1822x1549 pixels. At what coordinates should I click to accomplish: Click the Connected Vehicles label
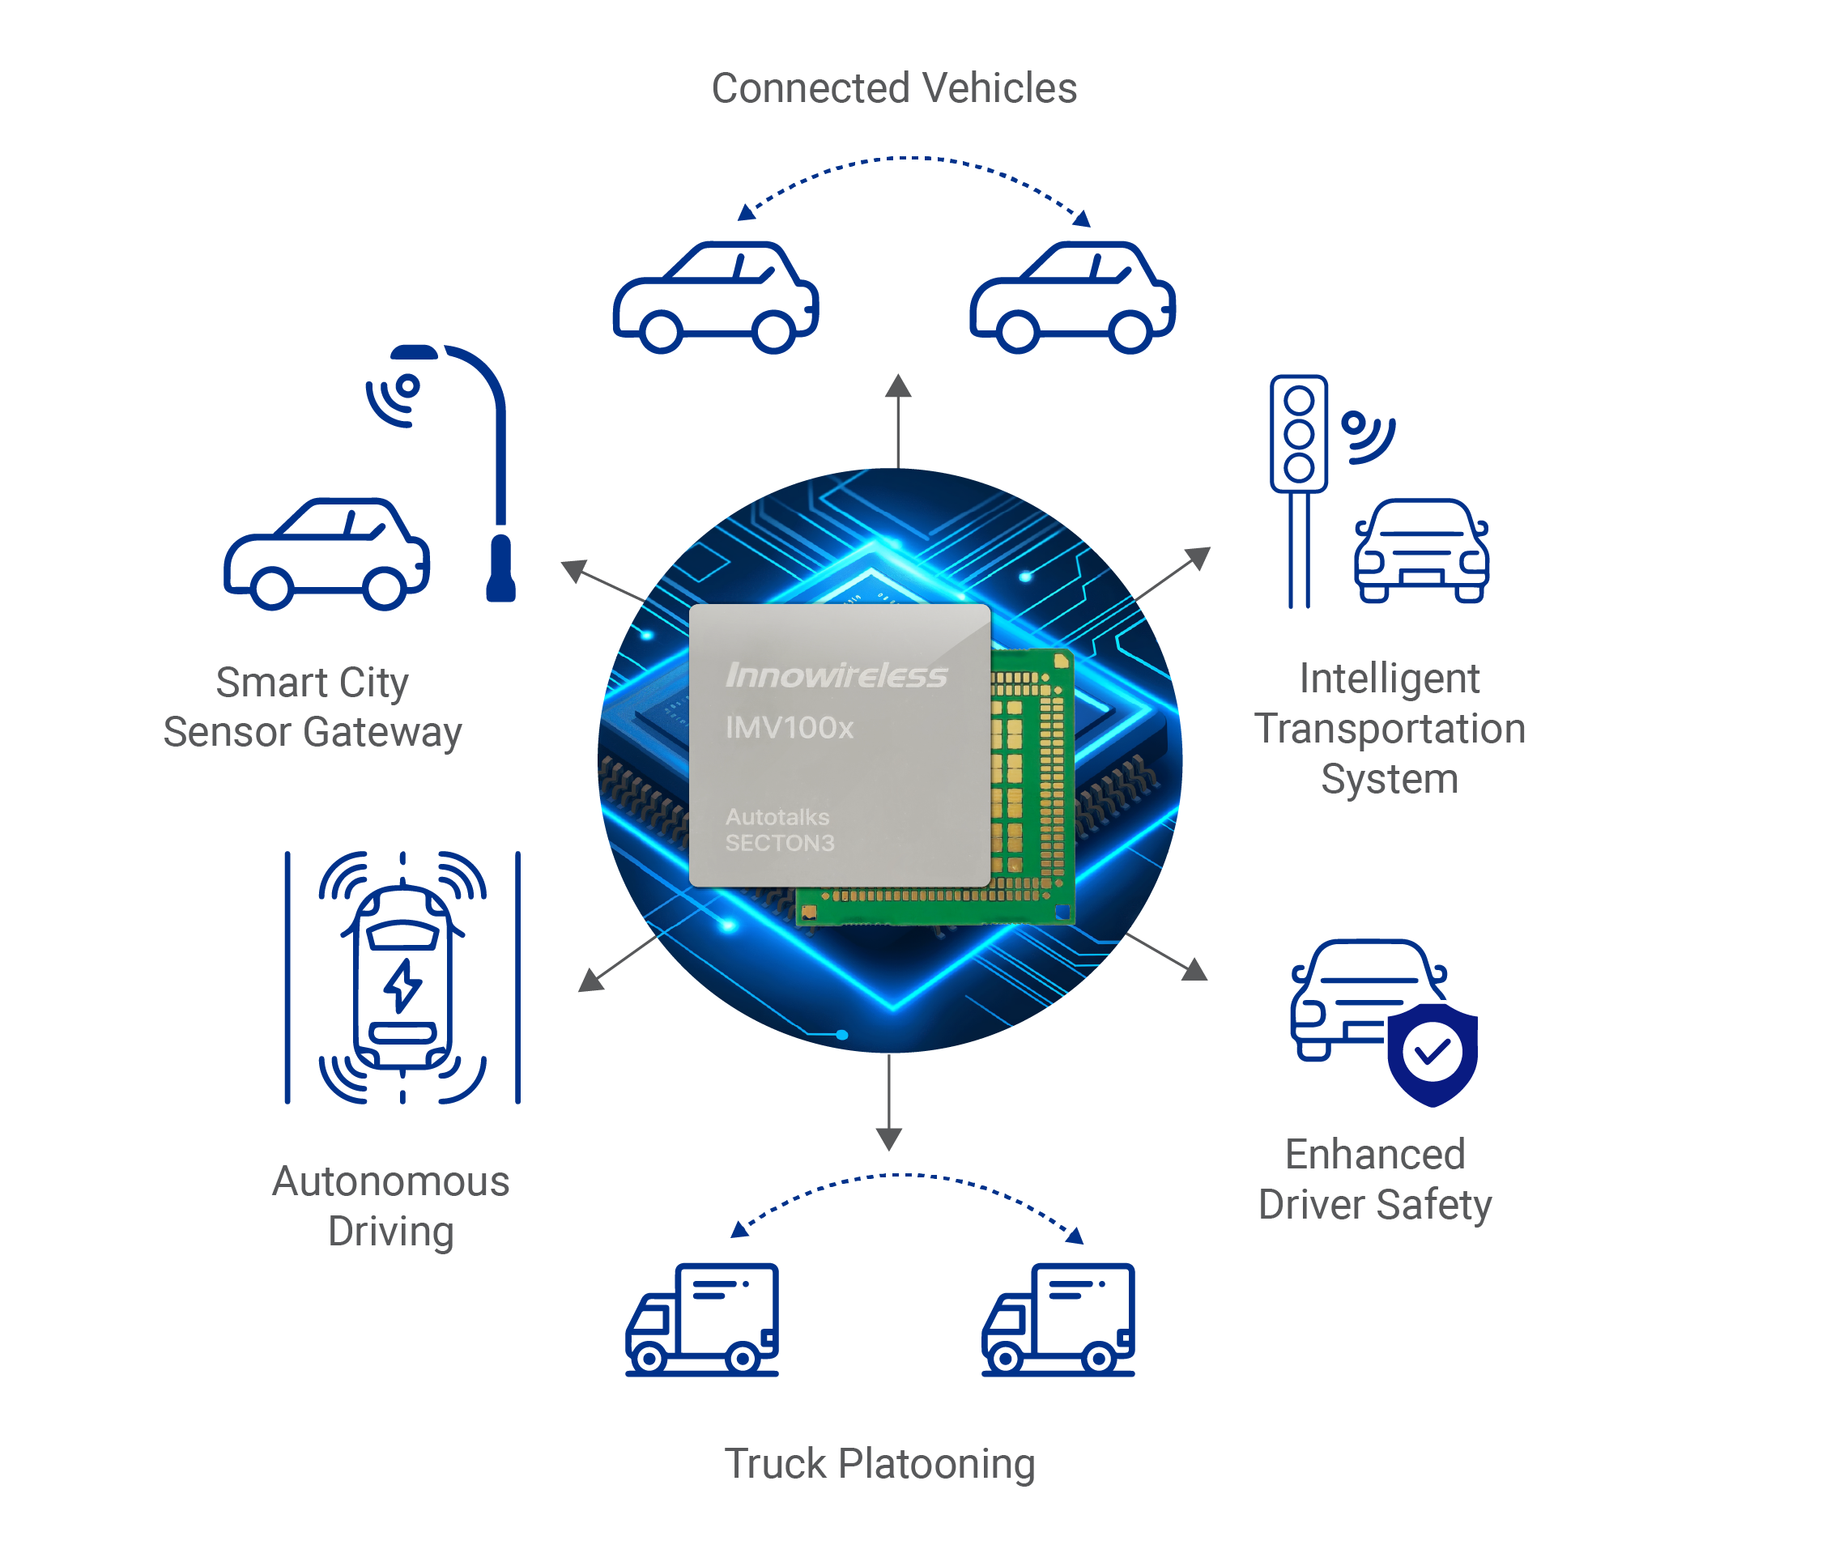click(x=893, y=89)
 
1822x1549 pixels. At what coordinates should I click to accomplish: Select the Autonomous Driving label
click(x=391, y=1206)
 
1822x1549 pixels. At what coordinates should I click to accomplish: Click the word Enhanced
click(x=1374, y=1154)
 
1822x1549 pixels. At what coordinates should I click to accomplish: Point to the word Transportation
click(x=1389, y=729)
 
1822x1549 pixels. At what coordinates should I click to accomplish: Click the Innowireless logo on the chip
click(x=835, y=675)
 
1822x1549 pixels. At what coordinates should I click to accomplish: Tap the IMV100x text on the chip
click(x=789, y=728)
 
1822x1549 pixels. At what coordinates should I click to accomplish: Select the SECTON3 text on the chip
click(x=779, y=843)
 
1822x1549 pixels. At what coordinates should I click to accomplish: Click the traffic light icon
click(x=1298, y=434)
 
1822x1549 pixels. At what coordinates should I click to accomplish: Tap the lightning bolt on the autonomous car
click(x=402, y=985)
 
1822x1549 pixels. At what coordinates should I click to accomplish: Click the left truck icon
click(x=702, y=1319)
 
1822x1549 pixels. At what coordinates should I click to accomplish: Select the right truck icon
click(x=1058, y=1319)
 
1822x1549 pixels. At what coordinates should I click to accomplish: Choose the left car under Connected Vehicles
click(x=716, y=299)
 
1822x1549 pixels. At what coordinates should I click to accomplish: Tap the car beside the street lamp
click(x=326, y=555)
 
